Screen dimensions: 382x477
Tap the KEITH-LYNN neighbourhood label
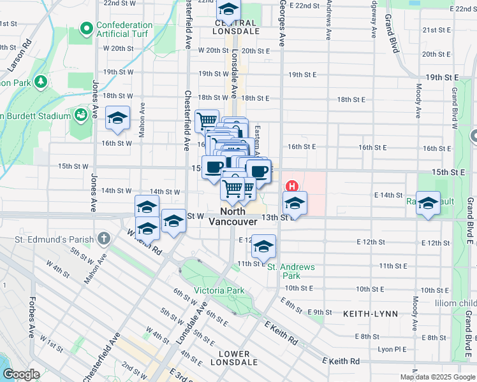371,314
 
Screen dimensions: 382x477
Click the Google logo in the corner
20,374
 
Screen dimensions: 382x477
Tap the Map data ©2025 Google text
438,377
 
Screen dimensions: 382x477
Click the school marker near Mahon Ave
117,118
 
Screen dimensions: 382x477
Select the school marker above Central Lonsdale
228,8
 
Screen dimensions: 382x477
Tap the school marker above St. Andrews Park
263,246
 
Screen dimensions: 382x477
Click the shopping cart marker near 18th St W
207,120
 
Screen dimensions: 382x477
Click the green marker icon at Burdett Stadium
80,115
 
